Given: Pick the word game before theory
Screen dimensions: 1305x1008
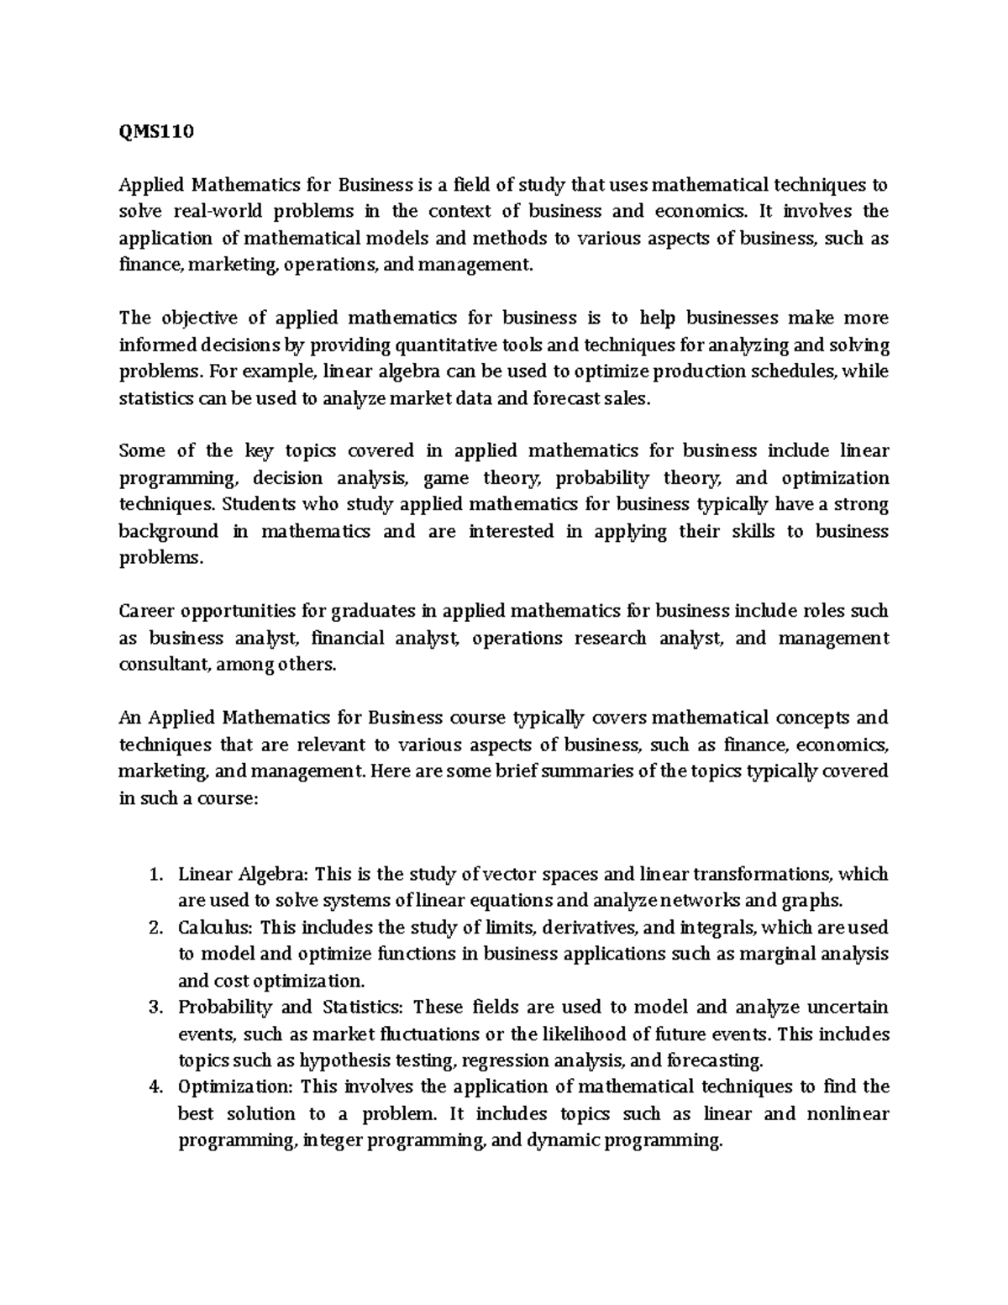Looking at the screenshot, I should tap(446, 478).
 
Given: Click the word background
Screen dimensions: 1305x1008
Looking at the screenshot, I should tap(168, 531).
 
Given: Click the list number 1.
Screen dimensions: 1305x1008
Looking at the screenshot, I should tap(154, 874).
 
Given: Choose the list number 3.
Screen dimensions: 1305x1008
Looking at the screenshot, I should tap(154, 1007).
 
